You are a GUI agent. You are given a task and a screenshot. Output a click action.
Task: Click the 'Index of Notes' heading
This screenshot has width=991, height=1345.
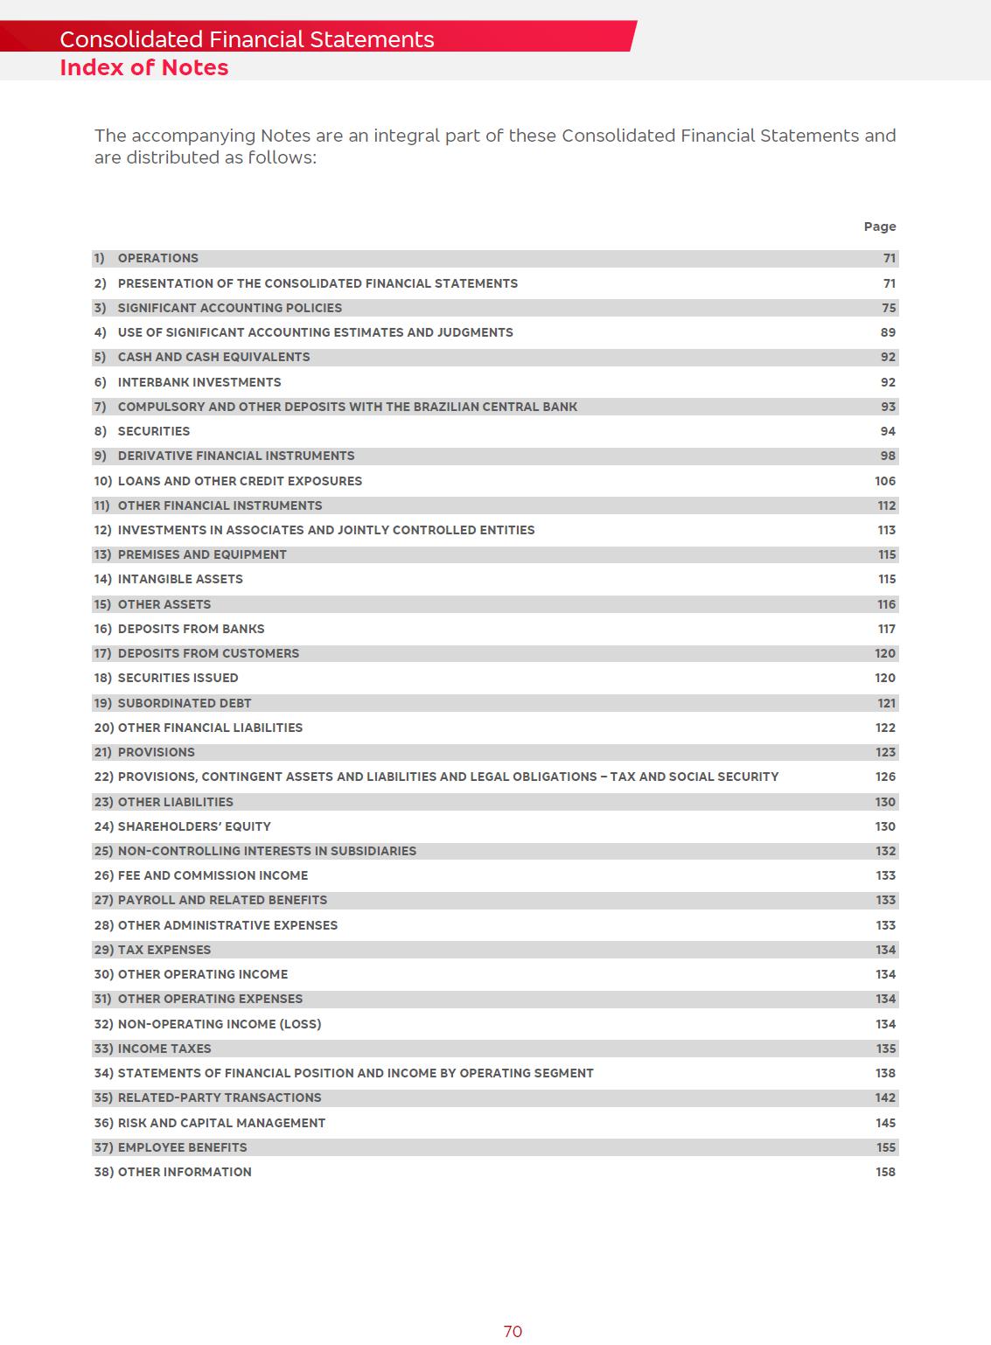pyautogui.click(x=143, y=67)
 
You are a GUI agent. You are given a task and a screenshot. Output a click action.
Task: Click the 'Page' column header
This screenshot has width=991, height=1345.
pyautogui.click(x=879, y=226)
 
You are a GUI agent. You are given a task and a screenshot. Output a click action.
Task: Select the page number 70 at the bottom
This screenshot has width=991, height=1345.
pyautogui.click(x=513, y=1331)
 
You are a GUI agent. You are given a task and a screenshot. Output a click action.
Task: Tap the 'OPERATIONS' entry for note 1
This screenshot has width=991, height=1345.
pyautogui.click(x=157, y=258)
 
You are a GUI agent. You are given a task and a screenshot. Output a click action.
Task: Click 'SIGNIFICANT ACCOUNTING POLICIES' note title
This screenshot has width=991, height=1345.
pyautogui.click(x=229, y=308)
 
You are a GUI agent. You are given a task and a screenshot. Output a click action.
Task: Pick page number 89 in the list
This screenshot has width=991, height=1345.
pyautogui.click(x=888, y=332)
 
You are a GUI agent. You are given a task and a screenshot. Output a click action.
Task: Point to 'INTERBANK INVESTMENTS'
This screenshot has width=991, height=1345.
pyautogui.click(x=199, y=382)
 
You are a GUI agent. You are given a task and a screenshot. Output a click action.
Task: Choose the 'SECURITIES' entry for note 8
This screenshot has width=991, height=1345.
pyautogui.click(x=153, y=431)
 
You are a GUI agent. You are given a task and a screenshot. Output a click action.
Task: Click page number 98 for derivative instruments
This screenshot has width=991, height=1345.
pyautogui.click(x=888, y=456)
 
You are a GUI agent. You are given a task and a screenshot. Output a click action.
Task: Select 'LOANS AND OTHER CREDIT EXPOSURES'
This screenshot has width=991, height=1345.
pyautogui.click(x=240, y=481)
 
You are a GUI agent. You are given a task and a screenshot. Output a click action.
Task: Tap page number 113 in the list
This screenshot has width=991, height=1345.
pyautogui.click(x=886, y=530)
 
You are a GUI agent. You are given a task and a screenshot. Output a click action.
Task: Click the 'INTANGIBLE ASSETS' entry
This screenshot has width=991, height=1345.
pyautogui.click(x=180, y=579)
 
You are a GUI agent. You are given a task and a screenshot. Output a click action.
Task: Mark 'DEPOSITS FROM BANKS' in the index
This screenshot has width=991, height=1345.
pyautogui.click(x=191, y=629)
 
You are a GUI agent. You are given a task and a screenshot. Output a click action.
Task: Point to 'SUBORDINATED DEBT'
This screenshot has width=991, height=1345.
pyautogui.click(x=184, y=703)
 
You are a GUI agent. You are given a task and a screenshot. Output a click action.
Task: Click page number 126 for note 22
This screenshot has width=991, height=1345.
pyautogui.click(x=885, y=777)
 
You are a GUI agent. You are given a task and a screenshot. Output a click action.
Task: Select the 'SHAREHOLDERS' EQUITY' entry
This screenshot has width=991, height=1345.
pyautogui.click(x=194, y=826)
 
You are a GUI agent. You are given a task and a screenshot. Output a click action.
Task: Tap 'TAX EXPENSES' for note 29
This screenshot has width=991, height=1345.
pyautogui.click(x=164, y=950)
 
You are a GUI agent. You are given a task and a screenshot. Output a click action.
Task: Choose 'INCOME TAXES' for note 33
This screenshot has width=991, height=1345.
pyautogui.click(x=164, y=1049)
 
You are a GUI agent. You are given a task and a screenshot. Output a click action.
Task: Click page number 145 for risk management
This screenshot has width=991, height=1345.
pyautogui.click(x=885, y=1123)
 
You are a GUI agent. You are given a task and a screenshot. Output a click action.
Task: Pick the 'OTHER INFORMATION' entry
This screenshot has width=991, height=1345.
pyautogui.click(x=185, y=1172)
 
